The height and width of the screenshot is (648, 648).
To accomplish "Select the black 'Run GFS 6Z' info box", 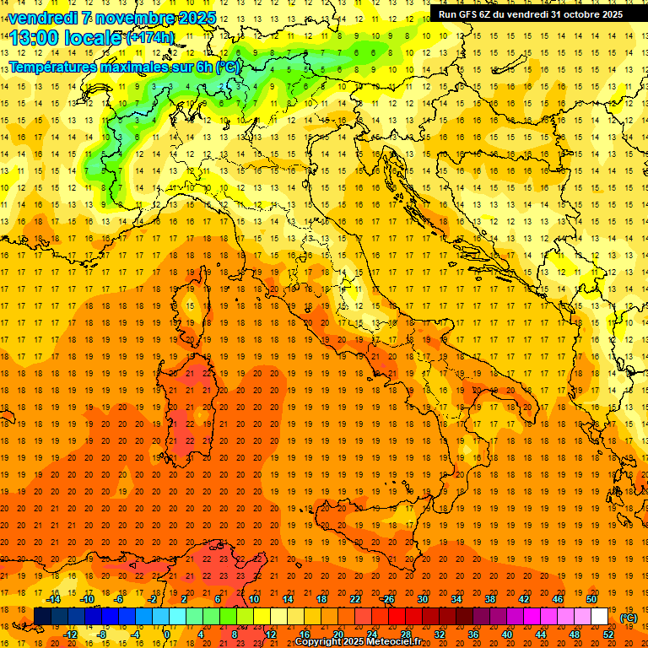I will [x=531, y=13].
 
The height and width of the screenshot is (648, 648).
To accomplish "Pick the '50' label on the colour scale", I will [x=591, y=599].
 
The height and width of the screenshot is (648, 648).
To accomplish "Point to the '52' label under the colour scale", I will [x=608, y=634].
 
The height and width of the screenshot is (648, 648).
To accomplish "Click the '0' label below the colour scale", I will [x=168, y=634].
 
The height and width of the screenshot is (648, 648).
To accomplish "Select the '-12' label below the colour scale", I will [x=70, y=634].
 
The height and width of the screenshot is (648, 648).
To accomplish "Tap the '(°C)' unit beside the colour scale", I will [x=629, y=618].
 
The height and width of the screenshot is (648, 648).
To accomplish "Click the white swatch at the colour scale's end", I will [x=600, y=617].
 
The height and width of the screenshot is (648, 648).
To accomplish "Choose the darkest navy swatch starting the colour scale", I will [x=42, y=617].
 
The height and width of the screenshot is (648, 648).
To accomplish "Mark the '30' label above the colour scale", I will [x=423, y=599].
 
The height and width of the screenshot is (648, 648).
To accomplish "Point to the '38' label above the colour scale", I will [x=490, y=599].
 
